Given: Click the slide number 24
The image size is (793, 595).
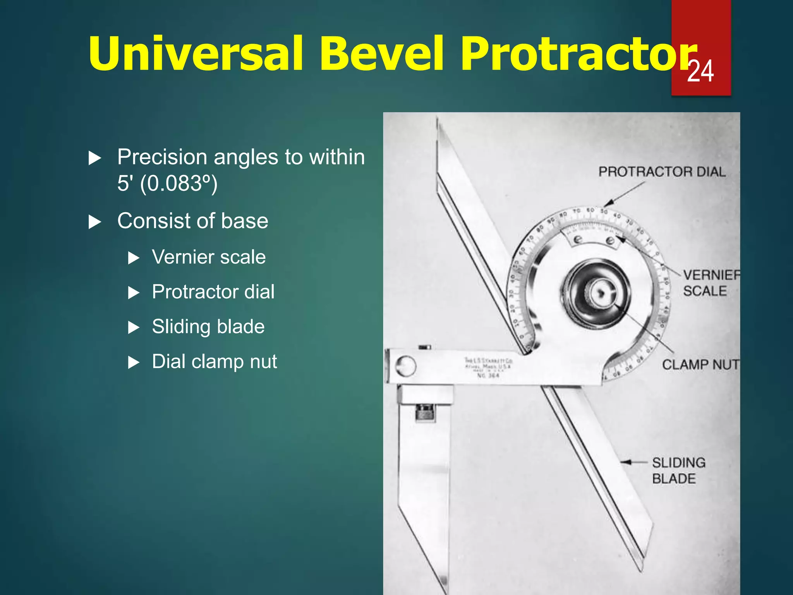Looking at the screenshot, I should pyautogui.click(x=700, y=71).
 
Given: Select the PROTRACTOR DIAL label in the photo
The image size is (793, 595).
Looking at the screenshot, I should pyautogui.click(x=662, y=172).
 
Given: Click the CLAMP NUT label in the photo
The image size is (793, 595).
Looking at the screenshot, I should pyautogui.click(x=700, y=365).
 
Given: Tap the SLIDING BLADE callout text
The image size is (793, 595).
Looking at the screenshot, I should pyautogui.click(x=678, y=471).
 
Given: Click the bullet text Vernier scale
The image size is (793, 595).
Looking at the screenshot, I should pyautogui.click(x=209, y=257).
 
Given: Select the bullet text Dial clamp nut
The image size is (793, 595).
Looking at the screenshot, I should pyautogui.click(x=214, y=362).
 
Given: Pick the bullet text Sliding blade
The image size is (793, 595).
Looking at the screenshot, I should pyautogui.click(x=208, y=327).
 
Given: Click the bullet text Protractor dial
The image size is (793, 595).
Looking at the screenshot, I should pyautogui.click(x=213, y=292).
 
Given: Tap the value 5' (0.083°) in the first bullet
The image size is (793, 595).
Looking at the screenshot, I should pyautogui.click(x=167, y=183).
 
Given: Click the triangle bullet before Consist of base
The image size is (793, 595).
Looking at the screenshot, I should pyautogui.click(x=95, y=222).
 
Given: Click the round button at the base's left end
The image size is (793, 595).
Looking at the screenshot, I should pyautogui.click(x=405, y=366).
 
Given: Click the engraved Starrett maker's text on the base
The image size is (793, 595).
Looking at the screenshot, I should pyautogui.click(x=488, y=367).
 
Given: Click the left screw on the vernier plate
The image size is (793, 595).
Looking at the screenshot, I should pyautogui.click(x=578, y=239).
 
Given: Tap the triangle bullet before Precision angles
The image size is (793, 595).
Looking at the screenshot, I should pyautogui.click(x=95, y=158).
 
